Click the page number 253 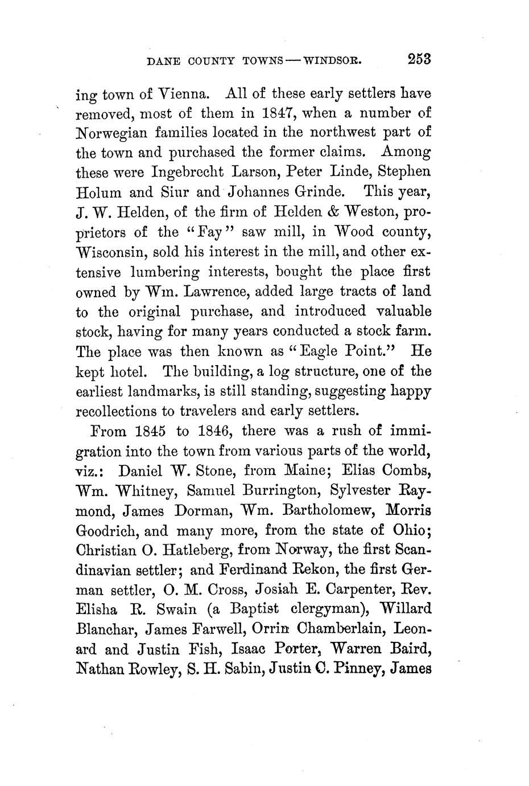point(419,59)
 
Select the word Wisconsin point(115,252)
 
